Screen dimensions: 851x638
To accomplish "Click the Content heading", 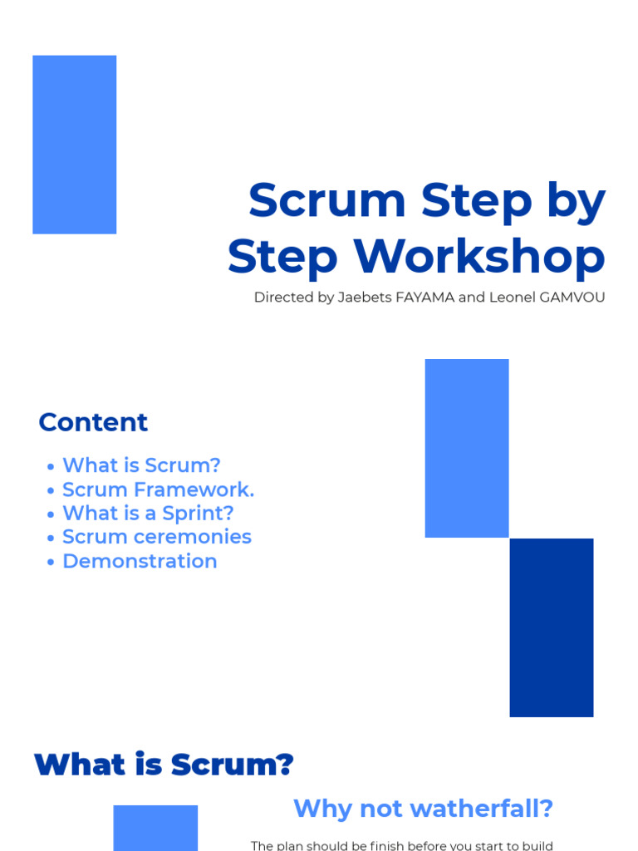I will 93,422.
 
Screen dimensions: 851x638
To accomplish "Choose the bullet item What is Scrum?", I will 141,465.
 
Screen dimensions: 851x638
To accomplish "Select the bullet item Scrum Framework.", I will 158,489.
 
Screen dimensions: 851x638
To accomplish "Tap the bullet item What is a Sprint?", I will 148,513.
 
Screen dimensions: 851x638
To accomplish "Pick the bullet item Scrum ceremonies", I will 156,537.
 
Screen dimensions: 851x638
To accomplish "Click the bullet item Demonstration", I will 140,561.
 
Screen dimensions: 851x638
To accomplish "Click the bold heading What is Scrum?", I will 164,765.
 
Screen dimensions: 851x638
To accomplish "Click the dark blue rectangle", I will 552,627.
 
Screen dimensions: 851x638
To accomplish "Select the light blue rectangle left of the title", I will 74,145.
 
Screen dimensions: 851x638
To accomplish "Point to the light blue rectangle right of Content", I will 466,448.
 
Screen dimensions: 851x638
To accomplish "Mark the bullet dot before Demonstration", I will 51,563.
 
